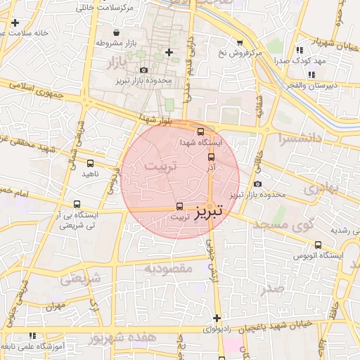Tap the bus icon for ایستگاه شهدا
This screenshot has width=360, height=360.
pyautogui.click(x=201, y=131)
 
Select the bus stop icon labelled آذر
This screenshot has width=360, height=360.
pyautogui.click(x=212, y=157)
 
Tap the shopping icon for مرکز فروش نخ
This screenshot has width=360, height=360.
pyautogui.click(x=240, y=42)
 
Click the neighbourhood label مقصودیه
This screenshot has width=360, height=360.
pyautogui.click(x=168, y=269)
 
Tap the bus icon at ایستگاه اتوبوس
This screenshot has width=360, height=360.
pyautogui.click(x=319, y=245)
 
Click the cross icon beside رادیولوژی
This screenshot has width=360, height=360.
pyautogui.click(x=217, y=318)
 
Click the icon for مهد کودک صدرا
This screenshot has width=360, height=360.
pyautogui.click(x=300, y=50)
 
